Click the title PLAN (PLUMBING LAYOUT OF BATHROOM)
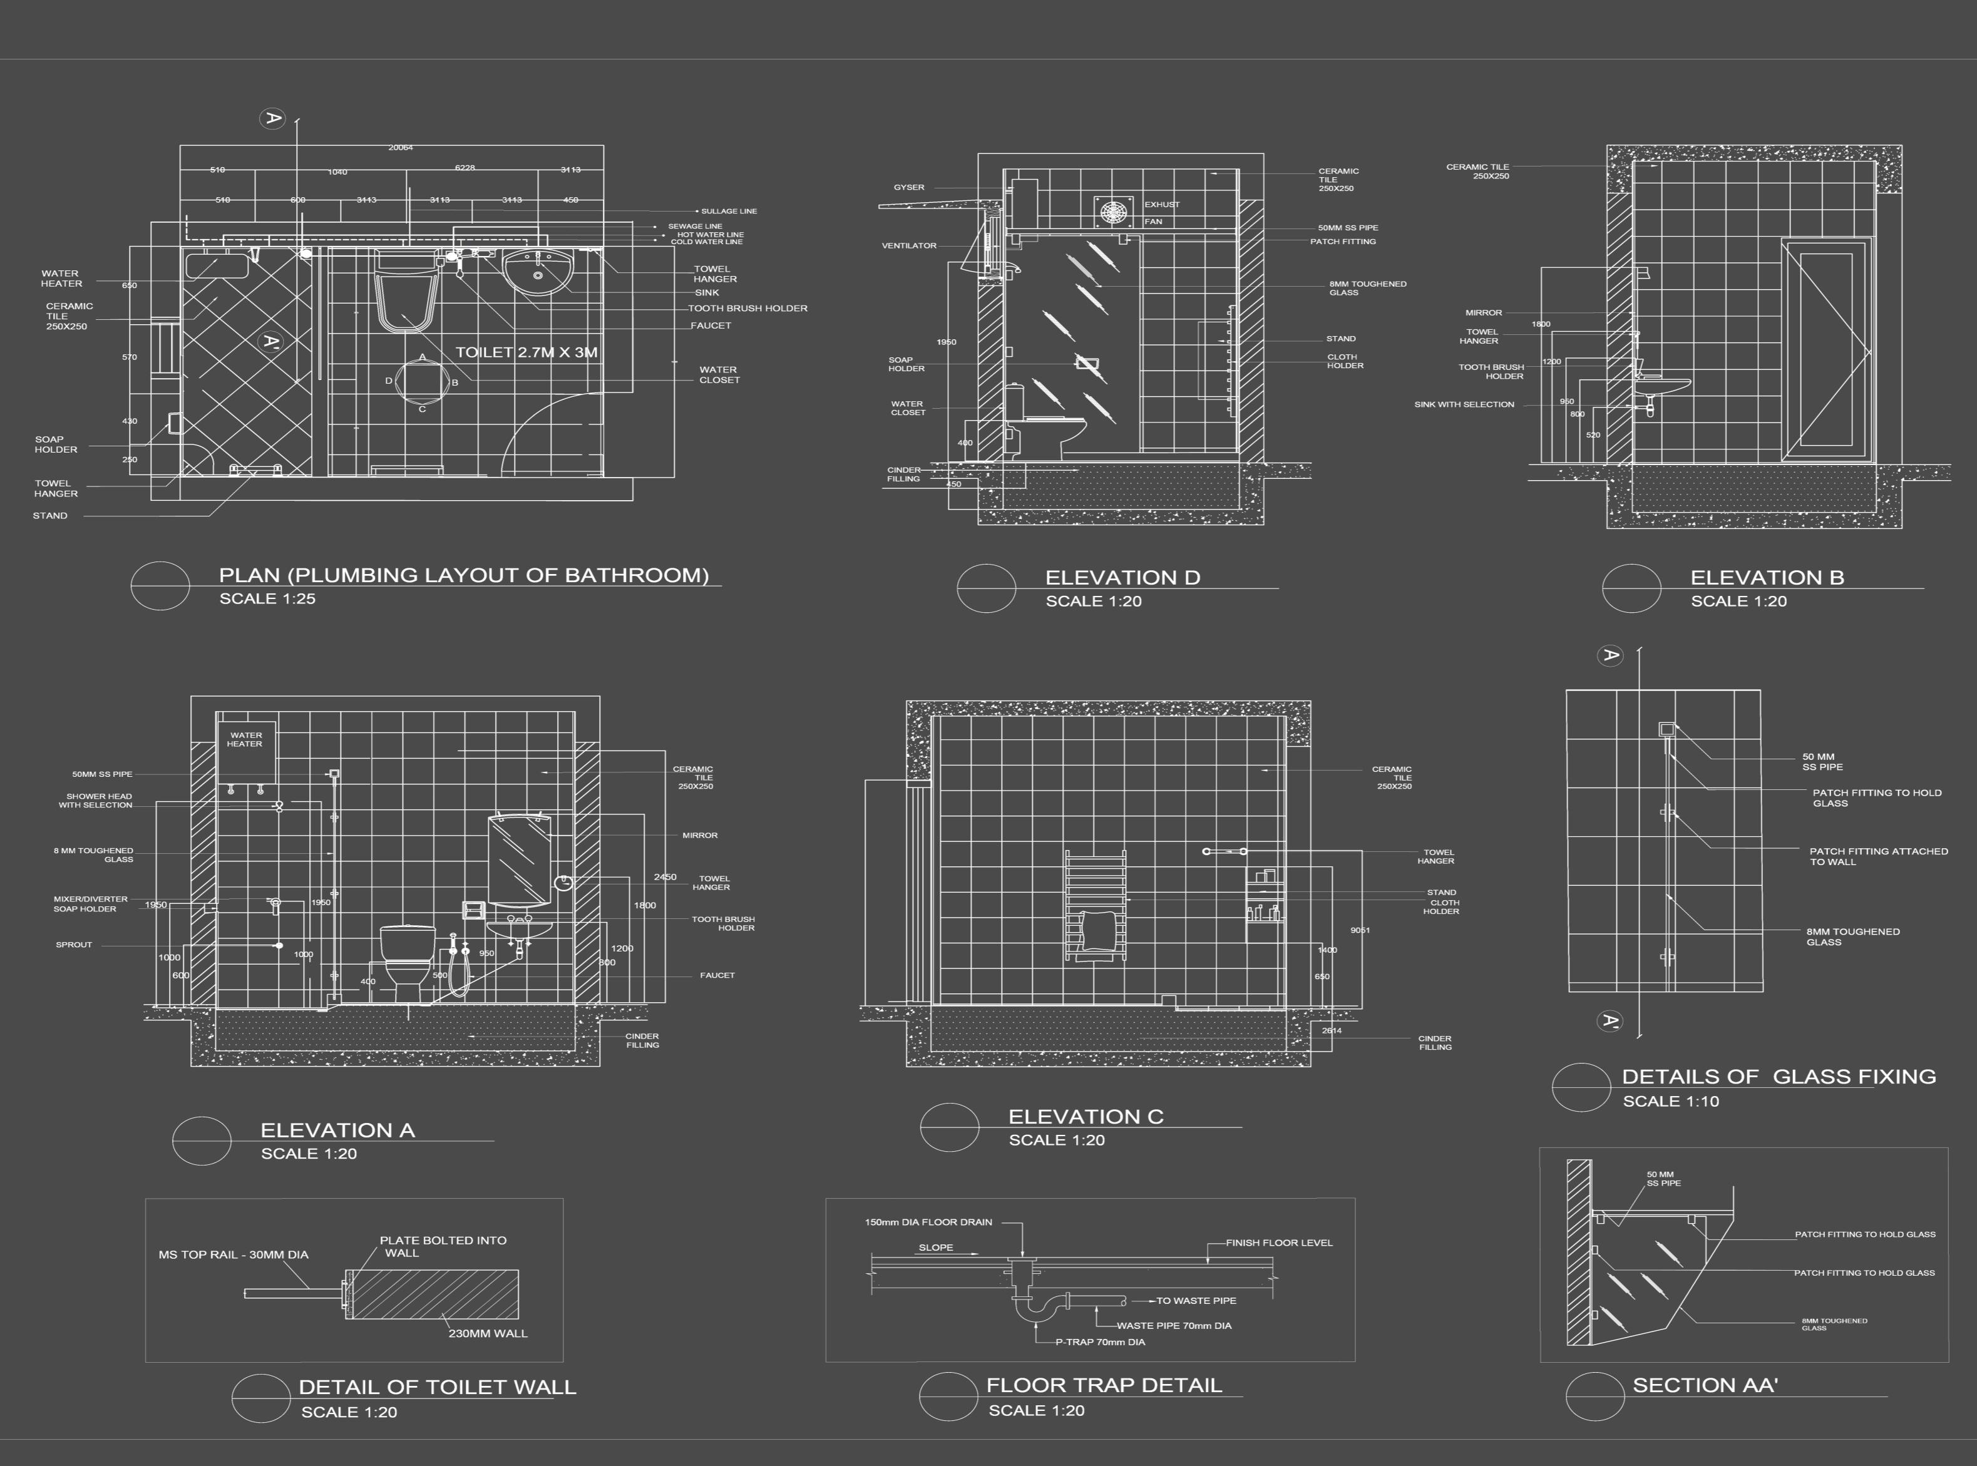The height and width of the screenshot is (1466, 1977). [x=463, y=575]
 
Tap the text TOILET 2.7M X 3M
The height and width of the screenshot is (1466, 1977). [x=526, y=352]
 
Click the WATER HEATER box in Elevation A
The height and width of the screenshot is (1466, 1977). [x=246, y=750]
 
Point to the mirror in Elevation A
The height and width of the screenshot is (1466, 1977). [x=519, y=859]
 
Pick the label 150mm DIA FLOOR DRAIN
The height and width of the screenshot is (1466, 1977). [x=928, y=1222]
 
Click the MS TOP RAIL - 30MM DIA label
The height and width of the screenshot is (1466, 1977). [x=234, y=1255]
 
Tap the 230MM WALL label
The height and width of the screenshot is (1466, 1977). [x=487, y=1333]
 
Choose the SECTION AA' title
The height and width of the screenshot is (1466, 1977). [x=1705, y=1385]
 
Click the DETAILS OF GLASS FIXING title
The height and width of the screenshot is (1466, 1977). [x=1778, y=1077]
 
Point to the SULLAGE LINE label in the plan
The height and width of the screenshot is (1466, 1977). [x=729, y=211]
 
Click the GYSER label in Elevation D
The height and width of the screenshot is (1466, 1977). [x=908, y=187]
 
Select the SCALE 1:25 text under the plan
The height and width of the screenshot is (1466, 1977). [x=267, y=599]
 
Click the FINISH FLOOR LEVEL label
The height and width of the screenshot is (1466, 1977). [x=1278, y=1243]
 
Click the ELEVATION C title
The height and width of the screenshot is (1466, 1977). [x=1085, y=1116]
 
